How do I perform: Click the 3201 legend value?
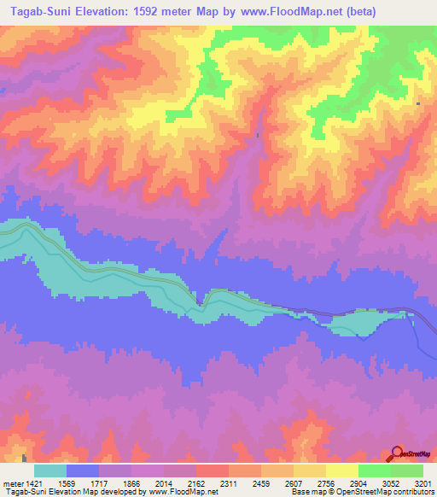[421, 483]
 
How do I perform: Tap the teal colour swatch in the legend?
[50, 471]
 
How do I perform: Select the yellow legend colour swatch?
[342, 471]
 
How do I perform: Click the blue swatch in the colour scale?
[83, 471]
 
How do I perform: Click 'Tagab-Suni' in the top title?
[32, 11]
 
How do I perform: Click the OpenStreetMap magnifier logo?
[397, 453]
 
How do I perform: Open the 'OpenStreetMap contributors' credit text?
[389, 493]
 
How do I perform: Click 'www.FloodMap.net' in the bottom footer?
[181, 493]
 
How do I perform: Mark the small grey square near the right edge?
[418, 103]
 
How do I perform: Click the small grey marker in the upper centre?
[258, 134]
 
